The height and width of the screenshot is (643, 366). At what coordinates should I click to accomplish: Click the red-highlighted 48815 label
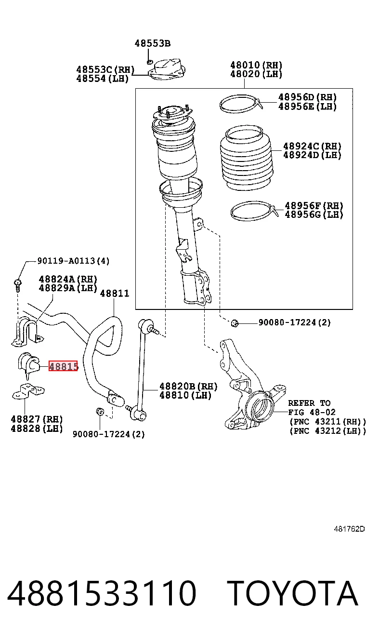(63, 366)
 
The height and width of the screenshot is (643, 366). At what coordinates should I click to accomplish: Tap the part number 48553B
(153, 43)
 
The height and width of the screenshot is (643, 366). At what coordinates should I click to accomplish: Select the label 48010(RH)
(256, 65)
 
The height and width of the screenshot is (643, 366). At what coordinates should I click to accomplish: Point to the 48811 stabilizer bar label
(115, 294)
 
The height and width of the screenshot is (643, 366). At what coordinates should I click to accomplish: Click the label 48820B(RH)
(188, 387)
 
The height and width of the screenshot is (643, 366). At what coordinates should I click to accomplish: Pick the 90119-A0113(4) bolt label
(73, 261)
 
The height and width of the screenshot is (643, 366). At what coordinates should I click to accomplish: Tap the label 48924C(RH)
(313, 146)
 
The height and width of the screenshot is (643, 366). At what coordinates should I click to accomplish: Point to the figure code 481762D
(349, 529)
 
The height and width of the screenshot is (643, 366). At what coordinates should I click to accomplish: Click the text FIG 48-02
(312, 412)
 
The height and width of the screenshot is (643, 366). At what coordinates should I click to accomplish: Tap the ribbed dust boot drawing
(247, 158)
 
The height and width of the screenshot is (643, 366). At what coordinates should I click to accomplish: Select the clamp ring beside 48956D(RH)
(240, 104)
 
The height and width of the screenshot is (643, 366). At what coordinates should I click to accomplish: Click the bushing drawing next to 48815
(28, 364)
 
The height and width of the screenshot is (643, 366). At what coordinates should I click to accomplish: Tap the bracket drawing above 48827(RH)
(28, 391)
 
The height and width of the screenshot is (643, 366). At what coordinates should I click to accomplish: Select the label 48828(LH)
(37, 429)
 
